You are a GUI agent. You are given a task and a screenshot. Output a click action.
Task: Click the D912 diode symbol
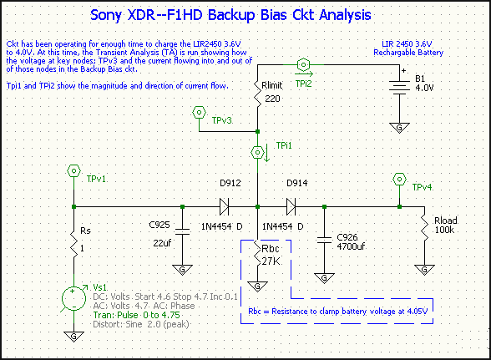tap(224, 206)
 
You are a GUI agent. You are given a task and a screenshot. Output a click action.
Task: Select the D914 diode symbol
tap(291, 206)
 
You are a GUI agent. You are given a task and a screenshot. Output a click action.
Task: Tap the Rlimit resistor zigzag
tap(257, 94)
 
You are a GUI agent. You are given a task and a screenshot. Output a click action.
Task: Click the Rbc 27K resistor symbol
tap(257, 255)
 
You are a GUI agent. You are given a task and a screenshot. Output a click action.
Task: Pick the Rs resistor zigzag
tap(73, 246)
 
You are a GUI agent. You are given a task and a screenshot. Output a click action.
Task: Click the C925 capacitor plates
tap(183, 231)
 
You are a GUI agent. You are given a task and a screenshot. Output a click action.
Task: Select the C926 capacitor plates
tap(324, 240)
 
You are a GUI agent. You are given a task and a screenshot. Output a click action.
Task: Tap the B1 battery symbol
tap(399, 86)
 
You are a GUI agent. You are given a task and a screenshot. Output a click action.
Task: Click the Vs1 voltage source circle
tap(73, 298)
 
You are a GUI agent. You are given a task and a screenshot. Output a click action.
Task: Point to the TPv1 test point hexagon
tap(73, 170)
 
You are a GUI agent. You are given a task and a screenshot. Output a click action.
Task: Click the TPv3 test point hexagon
tap(199, 112)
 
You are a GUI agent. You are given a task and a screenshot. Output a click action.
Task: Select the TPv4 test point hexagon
tap(399, 180)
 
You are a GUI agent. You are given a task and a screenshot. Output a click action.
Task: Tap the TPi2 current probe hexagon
tap(303, 64)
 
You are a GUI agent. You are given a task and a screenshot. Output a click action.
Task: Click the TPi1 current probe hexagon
tap(257, 152)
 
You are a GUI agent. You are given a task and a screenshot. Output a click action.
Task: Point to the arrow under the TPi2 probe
tap(304, 74)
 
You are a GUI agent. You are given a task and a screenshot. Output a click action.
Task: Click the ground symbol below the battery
tap(399, 128)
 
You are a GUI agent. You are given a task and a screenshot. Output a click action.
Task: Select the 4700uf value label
tap(351, 246)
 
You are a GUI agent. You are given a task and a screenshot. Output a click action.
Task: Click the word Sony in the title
tap(106, 15)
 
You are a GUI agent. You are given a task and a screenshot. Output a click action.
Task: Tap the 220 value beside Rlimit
tap(272, 99)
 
